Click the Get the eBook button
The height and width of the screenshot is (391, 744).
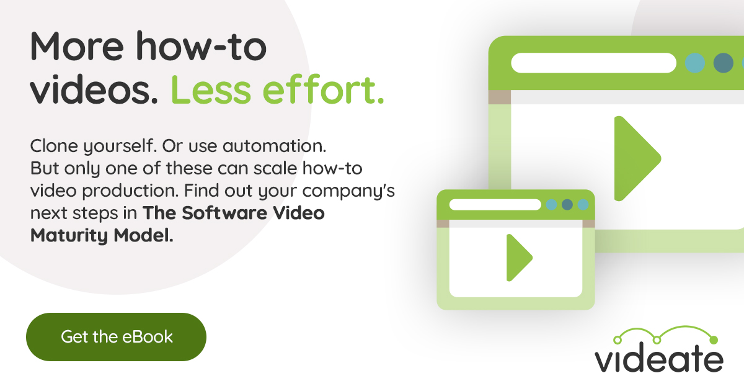(x=116, y=337)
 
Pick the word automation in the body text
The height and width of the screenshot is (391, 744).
(x=275, y=147)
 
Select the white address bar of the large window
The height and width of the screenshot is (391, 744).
(x=593, y=63)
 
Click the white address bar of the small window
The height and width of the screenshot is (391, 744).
(x=495, y=205)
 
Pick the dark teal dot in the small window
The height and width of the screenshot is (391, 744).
(x=567, y=205)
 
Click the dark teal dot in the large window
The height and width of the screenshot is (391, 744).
(x=723, y=63)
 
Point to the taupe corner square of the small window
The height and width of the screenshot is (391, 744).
(x=443, y=223)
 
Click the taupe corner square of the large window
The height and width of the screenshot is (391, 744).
(x=499, y=97)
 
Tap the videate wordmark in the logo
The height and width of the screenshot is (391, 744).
(x=658, y=359)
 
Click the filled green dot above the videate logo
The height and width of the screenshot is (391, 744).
(x=713, y=339)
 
